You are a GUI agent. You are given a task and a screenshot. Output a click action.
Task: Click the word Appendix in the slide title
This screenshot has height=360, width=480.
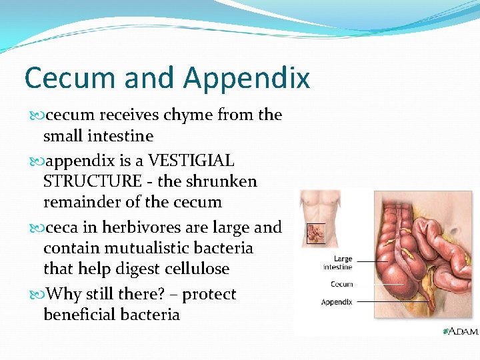click(x=247, y=79)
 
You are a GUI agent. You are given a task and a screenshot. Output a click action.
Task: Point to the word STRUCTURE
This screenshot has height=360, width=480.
click(x=93, y=182)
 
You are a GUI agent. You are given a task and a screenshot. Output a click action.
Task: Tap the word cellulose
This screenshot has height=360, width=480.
click(x=197, y=269)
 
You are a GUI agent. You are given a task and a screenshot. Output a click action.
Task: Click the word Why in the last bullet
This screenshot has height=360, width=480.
click(x=65, y=295)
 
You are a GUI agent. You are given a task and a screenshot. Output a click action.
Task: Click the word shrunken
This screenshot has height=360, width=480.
click(x=223, y=182)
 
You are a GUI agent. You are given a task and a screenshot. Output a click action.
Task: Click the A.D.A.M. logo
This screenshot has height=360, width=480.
click(x=459, y=331)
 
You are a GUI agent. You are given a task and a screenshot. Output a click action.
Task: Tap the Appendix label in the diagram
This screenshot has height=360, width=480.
click(x=337, y=302)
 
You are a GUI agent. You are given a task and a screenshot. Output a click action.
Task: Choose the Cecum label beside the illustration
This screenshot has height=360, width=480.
click(x=341, y=285)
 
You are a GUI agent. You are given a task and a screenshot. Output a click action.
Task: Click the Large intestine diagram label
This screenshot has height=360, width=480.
click(x=338, y=263)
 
